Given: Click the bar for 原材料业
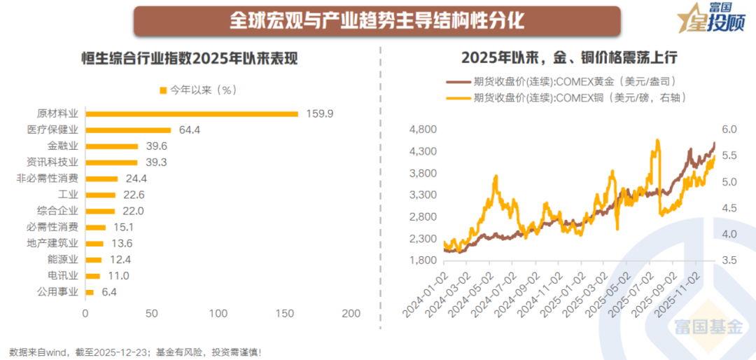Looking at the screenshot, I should [191, 113].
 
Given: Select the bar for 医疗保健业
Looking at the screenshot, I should [128, 130].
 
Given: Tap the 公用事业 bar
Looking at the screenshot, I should [90, 292].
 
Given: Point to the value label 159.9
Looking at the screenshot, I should [319, 113].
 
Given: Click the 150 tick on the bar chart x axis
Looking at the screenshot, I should [285, 314].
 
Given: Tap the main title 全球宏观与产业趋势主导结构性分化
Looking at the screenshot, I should [377, 20].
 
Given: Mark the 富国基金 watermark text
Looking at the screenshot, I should [708, 326].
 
